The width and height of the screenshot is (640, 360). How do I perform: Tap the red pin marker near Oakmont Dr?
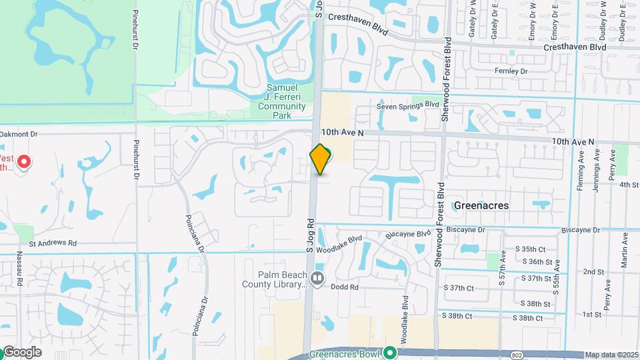coord(24,162)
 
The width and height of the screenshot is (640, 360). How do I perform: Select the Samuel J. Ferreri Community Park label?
coord(286,101)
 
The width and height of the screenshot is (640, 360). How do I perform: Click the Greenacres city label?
coord(481,205)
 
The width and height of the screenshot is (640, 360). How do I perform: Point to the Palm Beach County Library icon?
coord(317,277)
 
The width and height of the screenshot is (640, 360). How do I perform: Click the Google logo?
coord(21,352)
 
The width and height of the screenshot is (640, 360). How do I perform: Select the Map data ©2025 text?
coord(612,355)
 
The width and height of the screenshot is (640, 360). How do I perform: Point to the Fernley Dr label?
coord(511,71)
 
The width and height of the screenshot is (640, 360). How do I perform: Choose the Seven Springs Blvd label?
coord(408,105)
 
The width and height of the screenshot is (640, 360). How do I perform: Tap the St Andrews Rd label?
coord(53,243)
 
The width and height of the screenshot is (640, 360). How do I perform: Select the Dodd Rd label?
coord(345,287)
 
